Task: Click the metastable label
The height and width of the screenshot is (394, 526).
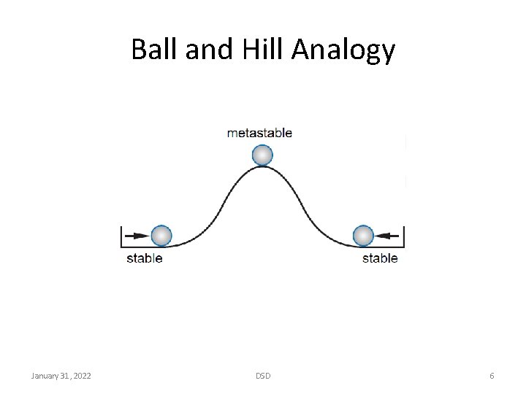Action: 259,133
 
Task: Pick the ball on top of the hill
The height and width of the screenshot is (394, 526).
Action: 262,155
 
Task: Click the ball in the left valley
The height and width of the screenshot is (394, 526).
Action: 161,236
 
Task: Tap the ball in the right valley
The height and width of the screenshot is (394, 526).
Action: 363,236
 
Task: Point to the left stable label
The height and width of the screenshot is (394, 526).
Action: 145,258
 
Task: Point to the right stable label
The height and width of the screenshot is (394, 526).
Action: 380,258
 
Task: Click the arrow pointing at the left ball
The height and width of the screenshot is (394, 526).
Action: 137,236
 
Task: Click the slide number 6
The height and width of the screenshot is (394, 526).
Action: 492,376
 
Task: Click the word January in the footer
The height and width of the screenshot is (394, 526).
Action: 45,376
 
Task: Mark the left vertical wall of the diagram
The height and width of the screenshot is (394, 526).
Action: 122,237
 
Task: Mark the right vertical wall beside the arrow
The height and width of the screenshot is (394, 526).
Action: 403,237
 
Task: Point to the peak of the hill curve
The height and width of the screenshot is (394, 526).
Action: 262,167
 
